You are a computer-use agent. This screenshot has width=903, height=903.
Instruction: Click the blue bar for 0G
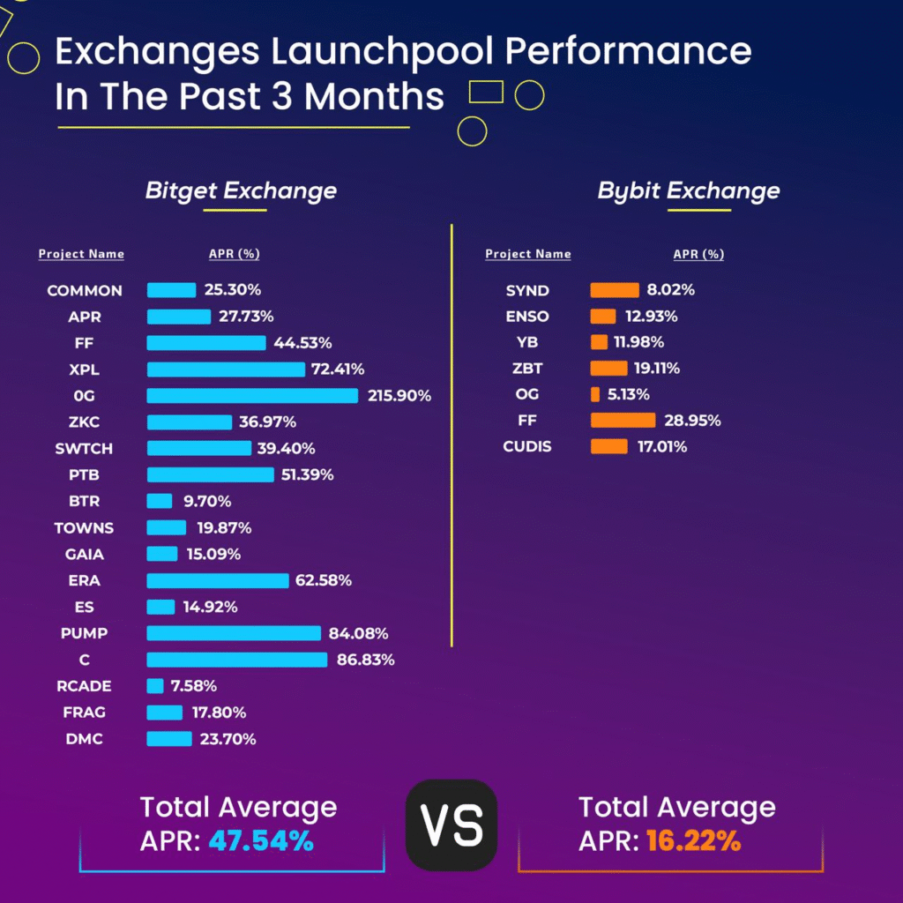[252, 396]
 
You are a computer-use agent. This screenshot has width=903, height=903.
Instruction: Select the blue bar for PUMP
[234, 633]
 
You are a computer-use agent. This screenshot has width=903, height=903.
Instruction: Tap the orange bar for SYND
[615, 290]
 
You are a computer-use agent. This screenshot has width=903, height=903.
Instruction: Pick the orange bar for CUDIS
[608, 447]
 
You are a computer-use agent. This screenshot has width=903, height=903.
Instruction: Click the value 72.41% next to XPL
[338, 369]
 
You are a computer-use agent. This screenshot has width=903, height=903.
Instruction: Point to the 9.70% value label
[206, 502]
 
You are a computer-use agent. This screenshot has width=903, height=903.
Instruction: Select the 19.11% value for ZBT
[657, 369]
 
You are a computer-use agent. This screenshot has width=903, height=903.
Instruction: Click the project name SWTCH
[84, 449]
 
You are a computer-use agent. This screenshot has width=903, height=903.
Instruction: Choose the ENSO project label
[527, 317]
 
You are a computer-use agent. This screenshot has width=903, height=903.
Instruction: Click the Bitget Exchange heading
[241, 191]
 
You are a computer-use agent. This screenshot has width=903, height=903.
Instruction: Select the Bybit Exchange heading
[688, 191]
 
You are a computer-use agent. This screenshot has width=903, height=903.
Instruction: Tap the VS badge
[451, 825]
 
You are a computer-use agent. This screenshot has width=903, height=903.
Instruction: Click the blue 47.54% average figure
[261, 841]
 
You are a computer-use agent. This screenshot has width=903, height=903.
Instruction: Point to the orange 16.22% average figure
[693, 841]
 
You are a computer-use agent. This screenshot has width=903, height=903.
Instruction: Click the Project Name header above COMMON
[81, 255]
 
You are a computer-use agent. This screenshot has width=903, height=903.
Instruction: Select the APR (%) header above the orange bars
[698, 255]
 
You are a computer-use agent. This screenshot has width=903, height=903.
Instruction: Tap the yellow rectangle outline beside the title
[486, 92]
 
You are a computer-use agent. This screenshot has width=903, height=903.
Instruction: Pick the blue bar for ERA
[217, 580]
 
